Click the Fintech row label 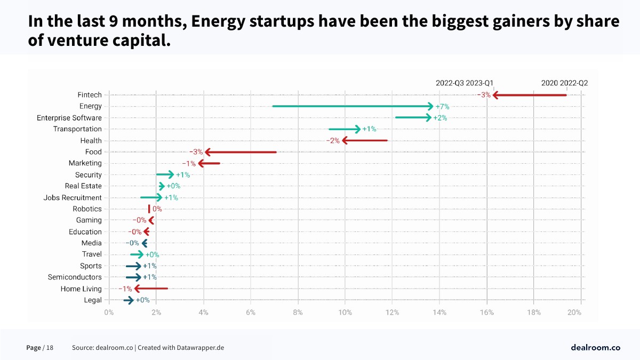point(89,95)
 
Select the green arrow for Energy point(352,106)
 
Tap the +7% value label point(442,107)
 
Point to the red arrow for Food point(241,152)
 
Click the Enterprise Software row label point(69,118)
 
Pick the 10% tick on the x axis point(345,313)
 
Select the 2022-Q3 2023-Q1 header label point(464,83)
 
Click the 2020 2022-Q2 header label point(564,83)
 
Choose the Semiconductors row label point(75,277)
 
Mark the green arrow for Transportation point(344,129)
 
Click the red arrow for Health point(365,140)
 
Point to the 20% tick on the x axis point(574,313)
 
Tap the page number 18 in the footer point(50,348)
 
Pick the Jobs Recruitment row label point(73,198)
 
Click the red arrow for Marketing point(209,163)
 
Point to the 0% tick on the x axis point(109,313)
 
